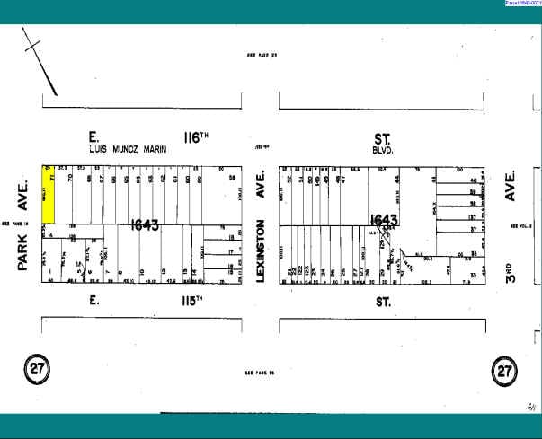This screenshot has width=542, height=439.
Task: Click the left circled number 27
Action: (x=37, y=368)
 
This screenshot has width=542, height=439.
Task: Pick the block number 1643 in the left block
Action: (x=145, y=224)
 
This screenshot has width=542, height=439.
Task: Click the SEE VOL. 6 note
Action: (x=522, y=227)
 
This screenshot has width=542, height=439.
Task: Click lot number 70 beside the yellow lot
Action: (x=70, y=178)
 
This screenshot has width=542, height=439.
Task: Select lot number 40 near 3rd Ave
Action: (x=472, y=180)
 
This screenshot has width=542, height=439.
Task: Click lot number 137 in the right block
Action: (x=471, y=216)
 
